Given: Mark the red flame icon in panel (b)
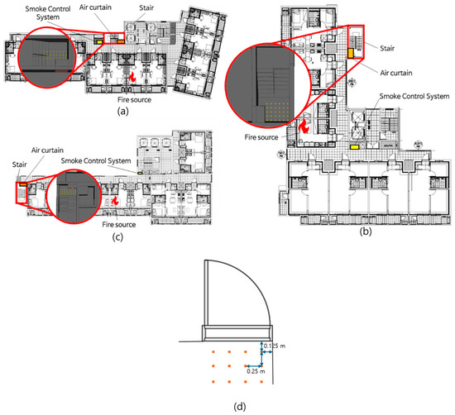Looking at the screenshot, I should [304, 126].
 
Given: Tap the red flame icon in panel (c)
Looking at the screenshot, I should [117, 201].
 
